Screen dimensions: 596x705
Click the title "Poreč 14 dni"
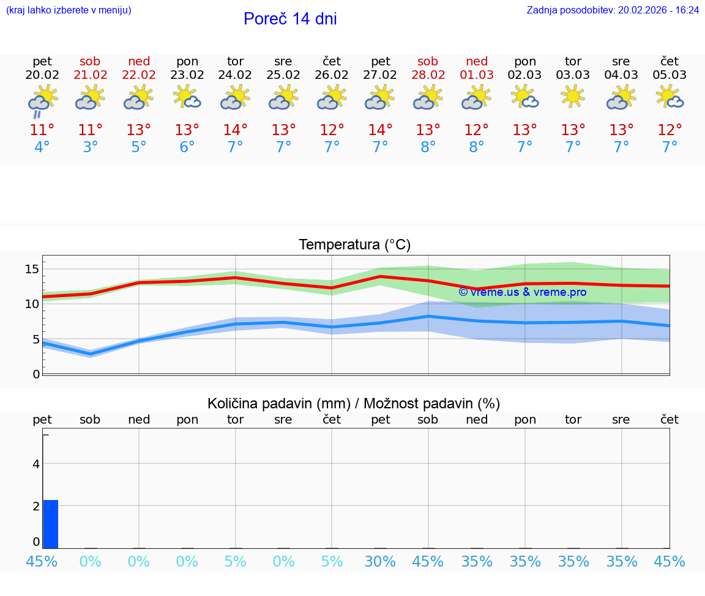point(290,19)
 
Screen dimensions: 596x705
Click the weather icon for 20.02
point(42,100)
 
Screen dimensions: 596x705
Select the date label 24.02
point(235,75)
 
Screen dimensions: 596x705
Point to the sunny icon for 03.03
point(573,97)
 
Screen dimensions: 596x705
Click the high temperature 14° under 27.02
point(380,130)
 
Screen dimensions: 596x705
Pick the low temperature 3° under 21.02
point(91,147)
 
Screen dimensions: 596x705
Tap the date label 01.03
point(477,75)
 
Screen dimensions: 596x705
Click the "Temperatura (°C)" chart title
point(354,245)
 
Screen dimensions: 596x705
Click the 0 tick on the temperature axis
point(36,373)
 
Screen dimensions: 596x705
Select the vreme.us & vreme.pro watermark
point(522,292)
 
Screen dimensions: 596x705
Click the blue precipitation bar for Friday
point(51,524)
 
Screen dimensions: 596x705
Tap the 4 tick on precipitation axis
point(36,464)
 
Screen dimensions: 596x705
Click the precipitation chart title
point(353,403)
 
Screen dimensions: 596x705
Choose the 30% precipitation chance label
point(380,561)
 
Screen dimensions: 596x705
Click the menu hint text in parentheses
point(68,10)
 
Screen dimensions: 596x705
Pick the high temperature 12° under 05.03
point(670,130)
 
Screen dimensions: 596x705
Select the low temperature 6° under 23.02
point(187,147)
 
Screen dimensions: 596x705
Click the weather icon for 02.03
point(524,97)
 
